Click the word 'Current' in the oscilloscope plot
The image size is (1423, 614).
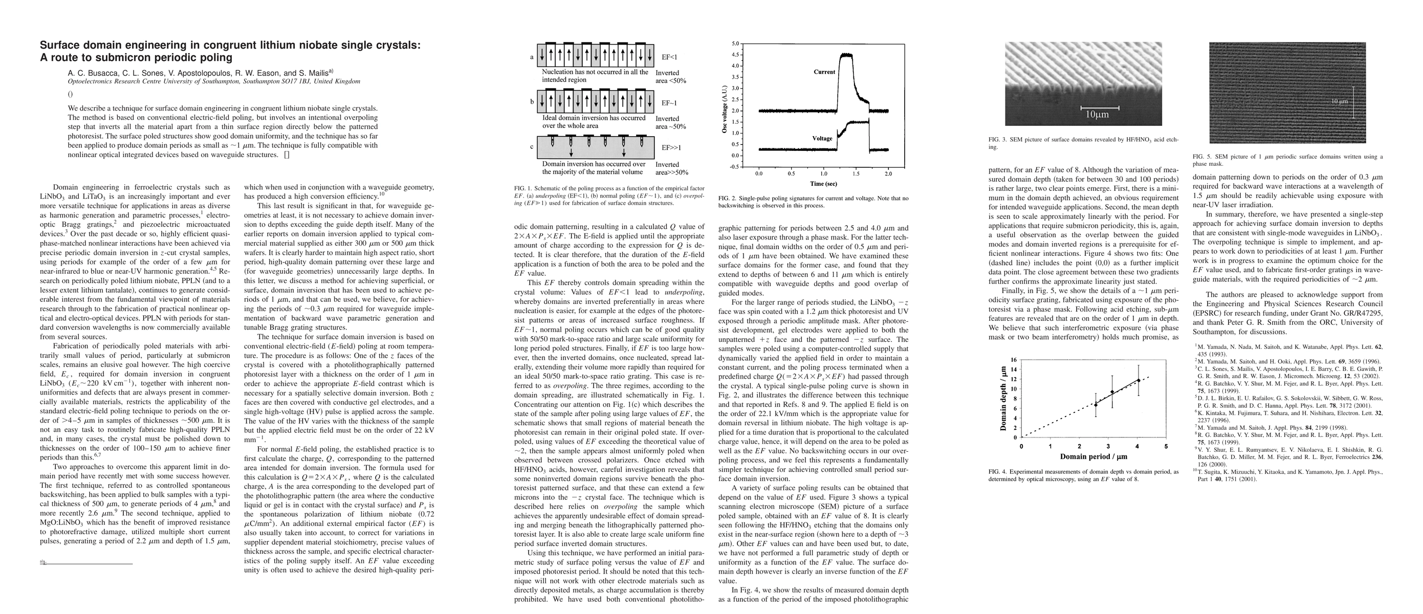click(x=824, y=72)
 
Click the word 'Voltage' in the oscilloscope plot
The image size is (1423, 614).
click(x=822, y=139)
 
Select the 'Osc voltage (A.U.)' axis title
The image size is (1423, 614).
click(x=724, y=105)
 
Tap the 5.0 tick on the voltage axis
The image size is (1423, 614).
click(x=735, y=43)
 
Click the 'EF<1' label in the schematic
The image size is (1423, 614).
click(x=669, y=57)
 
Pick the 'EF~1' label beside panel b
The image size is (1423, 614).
click(x=669, y=103)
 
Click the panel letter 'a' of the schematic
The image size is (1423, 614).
click(x=532, y=57)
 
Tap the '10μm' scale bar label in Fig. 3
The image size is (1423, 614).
click(x=1097, y=115)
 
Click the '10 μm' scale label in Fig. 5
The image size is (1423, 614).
click(x=1340, y=102)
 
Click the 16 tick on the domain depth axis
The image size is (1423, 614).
click(x=1013, y=360)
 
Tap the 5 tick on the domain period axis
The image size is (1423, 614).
click(x=1166, y=446)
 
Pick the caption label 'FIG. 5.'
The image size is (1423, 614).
click(x=1202, y=156)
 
